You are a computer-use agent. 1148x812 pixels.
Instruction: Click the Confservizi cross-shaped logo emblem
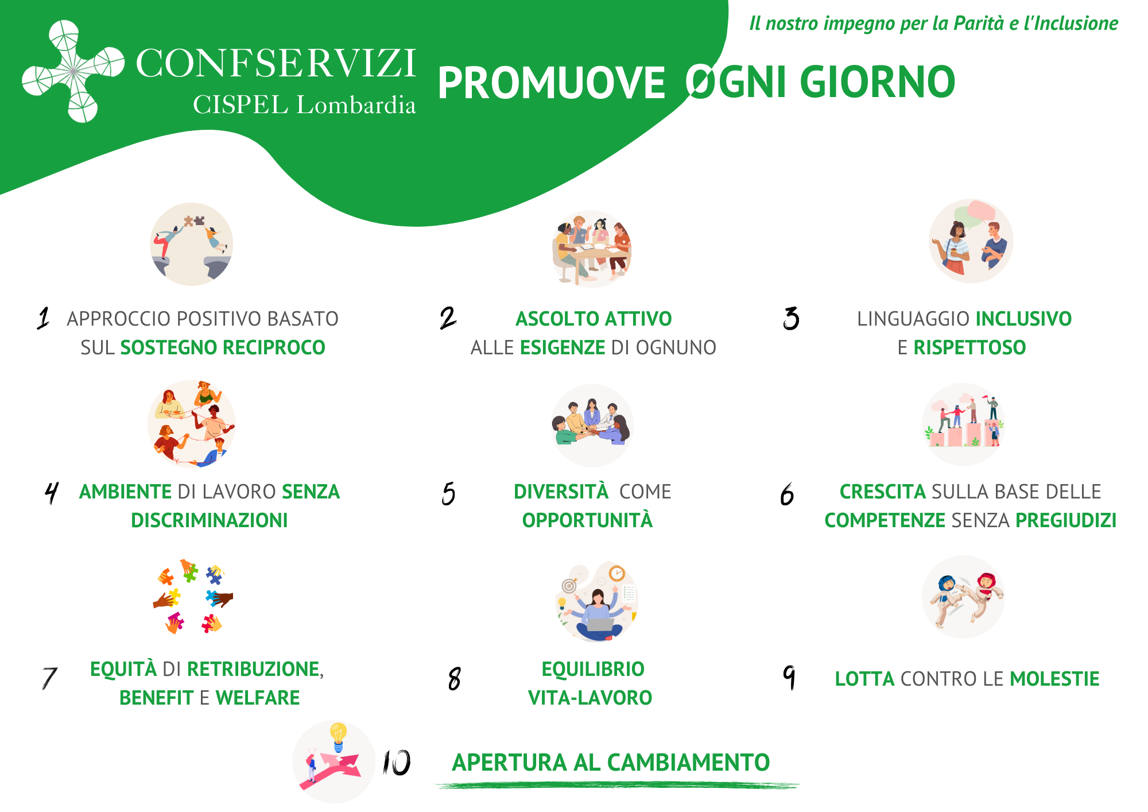point(73,71)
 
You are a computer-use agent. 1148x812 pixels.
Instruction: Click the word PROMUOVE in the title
point(552,83)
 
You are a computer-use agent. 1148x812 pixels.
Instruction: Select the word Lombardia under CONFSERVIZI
point(356,105)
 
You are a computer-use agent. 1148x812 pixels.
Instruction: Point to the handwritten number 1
point(44,318)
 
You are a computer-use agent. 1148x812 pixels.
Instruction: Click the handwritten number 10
point(397,763)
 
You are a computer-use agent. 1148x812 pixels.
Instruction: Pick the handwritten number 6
point(787,494)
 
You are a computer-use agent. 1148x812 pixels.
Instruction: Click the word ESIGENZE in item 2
point(563,347)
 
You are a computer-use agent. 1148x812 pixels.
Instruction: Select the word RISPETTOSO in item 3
point(969,347)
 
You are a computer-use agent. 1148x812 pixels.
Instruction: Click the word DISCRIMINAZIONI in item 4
point(210,520)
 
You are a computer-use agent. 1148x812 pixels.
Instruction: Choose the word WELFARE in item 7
point(258,698)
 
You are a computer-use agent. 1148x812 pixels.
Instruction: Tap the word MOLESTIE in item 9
point(1054,679)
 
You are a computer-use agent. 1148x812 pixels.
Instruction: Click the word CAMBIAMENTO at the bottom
point(688,763)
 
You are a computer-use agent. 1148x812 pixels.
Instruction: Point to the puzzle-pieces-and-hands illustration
point(193,596)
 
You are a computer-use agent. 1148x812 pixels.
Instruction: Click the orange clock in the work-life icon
point(617,573)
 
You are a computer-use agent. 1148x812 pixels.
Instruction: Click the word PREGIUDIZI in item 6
point(1066,520)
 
